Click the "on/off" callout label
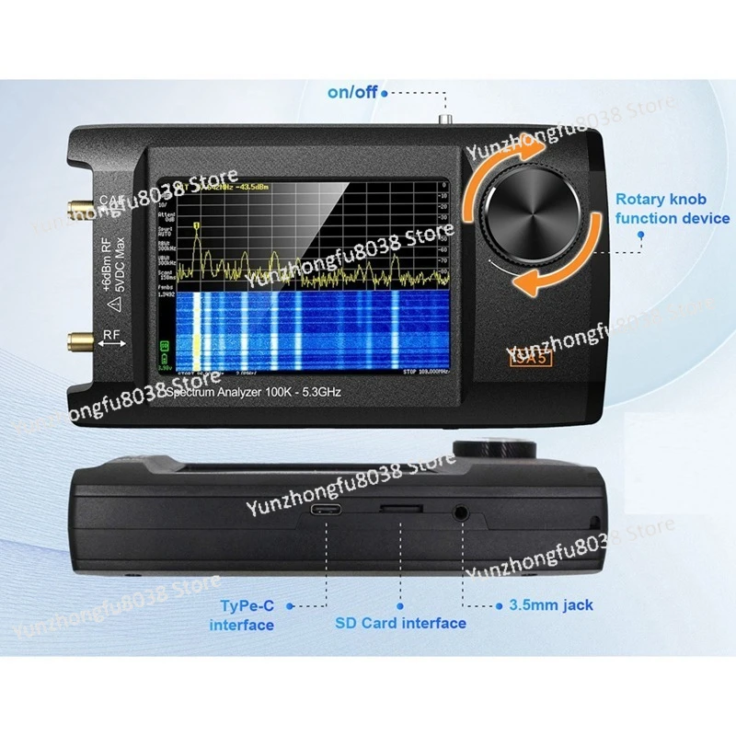coord(352,91)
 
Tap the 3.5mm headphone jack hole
coord(461,512)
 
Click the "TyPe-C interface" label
coord(242,615)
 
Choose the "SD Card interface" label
coord(400,623)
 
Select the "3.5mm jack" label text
coord(551,605)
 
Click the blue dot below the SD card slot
coord(401,605)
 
